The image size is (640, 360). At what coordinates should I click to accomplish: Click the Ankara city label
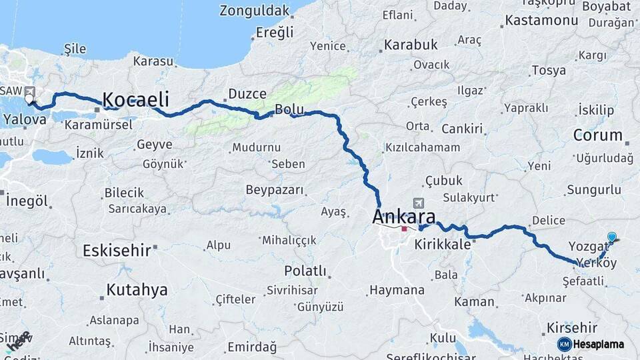click(x=404, y=217)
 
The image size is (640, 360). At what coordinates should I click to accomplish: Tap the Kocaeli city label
click(x=135, y=100)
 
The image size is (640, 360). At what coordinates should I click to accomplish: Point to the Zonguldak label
click(x=255, y=11)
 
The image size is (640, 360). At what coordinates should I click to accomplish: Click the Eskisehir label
click(x=117, y=251)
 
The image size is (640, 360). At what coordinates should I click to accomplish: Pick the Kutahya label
click(x=137, y=290)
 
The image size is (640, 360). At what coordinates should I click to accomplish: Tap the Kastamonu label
click(x=541, y=20)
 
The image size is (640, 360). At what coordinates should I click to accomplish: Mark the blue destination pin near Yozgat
click(x=612, y=237)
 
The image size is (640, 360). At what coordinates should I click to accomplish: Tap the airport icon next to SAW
click(x=29, y=91)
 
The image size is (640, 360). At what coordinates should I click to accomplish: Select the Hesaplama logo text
click(x=598, y=344)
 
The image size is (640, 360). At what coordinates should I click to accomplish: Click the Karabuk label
click(x=409, y=45)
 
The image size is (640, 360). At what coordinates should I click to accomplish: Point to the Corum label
click(x=597, y=135)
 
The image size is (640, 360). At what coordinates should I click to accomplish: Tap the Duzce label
click(x=247, y=94)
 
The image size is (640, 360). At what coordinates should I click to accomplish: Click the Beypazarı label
click(x=275, y=190)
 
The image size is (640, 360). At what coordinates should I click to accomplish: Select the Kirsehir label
click(x=571, y=327)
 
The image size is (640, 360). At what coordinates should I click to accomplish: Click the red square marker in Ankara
click(x=404, y=229)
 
